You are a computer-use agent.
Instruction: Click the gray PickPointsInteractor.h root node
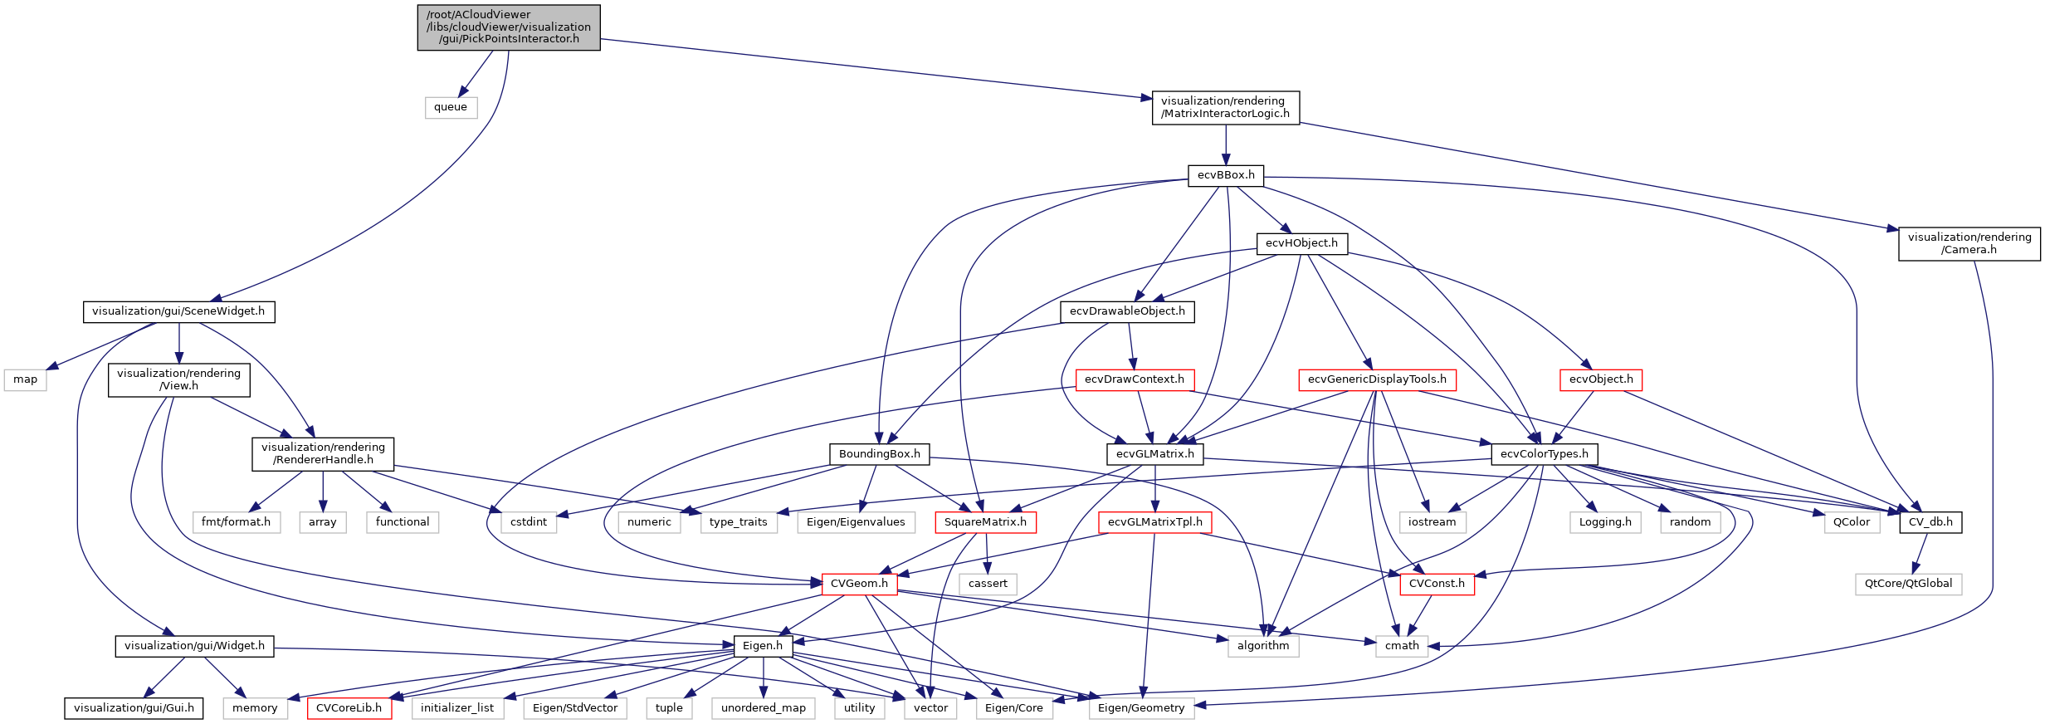(x=508, y=27)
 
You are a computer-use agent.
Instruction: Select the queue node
(x=451, y=107)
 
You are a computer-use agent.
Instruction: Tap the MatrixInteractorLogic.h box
(x=1225, y=108)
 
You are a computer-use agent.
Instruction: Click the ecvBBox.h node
(x=1226, y=175)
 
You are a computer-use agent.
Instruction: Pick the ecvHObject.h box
(x=1301, y=243)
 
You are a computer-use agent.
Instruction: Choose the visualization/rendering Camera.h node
(x=1969, y=243)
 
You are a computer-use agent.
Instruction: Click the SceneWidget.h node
(x=178, y=311)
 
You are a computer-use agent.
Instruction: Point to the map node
(x=26, y=379)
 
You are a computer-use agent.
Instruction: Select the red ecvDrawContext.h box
(x=1134, y=379)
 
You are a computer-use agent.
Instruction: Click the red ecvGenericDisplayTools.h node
(x=1376, y=379)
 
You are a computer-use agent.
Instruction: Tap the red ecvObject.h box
(x=1600, y=379)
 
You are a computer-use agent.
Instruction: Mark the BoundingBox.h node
(x=879, y=454)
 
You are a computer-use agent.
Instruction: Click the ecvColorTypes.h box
(x=1544, y=454)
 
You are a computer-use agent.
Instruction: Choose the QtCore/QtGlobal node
(x=1908, y=584)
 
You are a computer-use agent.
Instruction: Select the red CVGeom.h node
(x=859, y=584)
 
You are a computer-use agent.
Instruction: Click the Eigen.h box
(x=762, y=646)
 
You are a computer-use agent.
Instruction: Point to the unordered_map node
(x=763, y=708)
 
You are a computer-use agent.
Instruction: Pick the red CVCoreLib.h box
(x=349, y=708)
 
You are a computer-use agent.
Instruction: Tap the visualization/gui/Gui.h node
(x=134, y=708)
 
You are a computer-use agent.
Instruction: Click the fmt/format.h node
(x=236, y=522)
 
